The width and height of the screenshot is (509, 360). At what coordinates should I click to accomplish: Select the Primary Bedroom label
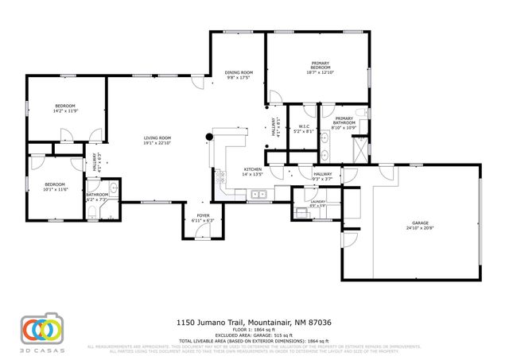[x=321, y=65]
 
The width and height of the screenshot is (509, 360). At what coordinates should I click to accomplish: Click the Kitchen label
[x=252, y=171]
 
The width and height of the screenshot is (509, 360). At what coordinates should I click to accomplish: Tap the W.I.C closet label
[x=305, y=128]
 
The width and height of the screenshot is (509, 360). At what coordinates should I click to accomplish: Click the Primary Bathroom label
[x=344, y=122]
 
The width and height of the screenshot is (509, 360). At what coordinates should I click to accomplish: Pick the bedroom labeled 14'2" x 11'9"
[x=65, y=108]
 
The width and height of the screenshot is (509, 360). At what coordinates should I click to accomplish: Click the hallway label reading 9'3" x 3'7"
[x=322, y=176]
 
